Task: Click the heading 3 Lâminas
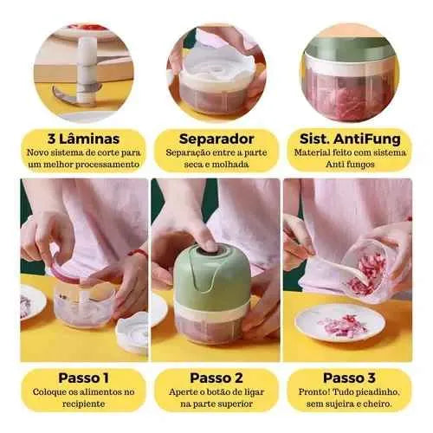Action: pyautogui.click(x=83, y=139)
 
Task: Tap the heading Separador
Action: pyautogui.click(x=216, y=139)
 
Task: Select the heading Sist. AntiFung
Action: pyautogui.click(x=350, y=139)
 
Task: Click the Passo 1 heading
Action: pyautogui.click(x=83, y=378)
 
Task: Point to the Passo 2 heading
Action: pyautogui.click(x=216, y=378)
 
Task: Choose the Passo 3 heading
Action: pyautogui.click(x=349, y=378)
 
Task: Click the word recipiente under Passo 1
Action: pyautogui.click(x=83, y=404)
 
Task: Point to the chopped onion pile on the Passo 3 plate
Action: pyautogui.click(x=344, y=326)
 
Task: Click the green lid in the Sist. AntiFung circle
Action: pyautogui.click(x=350, y=49)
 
